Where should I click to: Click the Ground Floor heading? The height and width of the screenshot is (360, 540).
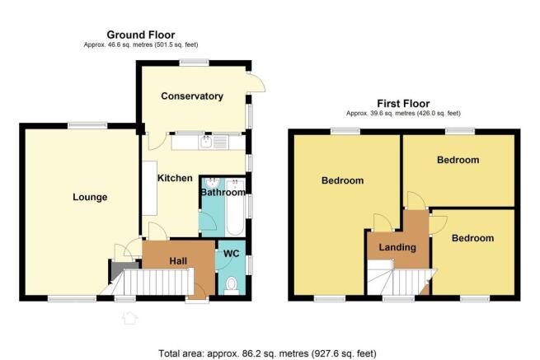[x=141, y=35]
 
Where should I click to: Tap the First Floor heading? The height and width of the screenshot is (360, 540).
[x=403, y=104]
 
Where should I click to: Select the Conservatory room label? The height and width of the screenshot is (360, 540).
[x=192, y=96]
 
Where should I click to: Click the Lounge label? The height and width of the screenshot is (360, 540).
[x=90, y=197]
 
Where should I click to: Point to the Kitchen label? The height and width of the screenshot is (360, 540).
[x=175, y=178]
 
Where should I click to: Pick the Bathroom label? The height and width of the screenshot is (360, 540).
[x=223, y=192]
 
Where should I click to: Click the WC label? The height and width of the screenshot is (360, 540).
[x=231, y=254]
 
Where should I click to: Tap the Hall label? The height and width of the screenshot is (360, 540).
[x=178, y=261]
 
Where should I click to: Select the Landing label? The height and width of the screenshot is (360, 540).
[x=397, y=247]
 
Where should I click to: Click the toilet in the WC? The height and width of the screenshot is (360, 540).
[x=232, y=286]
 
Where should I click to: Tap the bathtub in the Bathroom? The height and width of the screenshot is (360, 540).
[x=235, y=208]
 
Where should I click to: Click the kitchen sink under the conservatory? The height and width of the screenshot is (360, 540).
[x=205, y=142]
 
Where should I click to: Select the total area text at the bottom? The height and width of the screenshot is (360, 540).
[x=267, y=353]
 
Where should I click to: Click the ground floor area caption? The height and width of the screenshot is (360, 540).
[x=141, y=44]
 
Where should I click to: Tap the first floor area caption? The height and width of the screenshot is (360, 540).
[x=403, y=113]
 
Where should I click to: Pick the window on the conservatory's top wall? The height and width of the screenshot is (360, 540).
[x=194, y=63]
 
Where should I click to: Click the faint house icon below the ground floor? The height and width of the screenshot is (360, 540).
[x=129, y=318]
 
